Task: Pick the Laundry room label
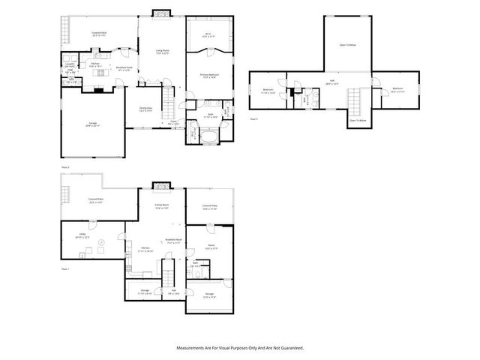pyautogui.click(x=70, y=64)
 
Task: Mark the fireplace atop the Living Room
pyautogui.click(x=161, y=12)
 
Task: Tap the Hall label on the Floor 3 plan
pyautogui.click(x=331, y=82)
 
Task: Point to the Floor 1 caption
pyautogui.click(x=65, y=268)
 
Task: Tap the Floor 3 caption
pyautogui.click(x=253, y=119)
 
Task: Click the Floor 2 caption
pyautogui.click(x=65, y=166)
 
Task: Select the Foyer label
pyautogui.click(x=172, y=122)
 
